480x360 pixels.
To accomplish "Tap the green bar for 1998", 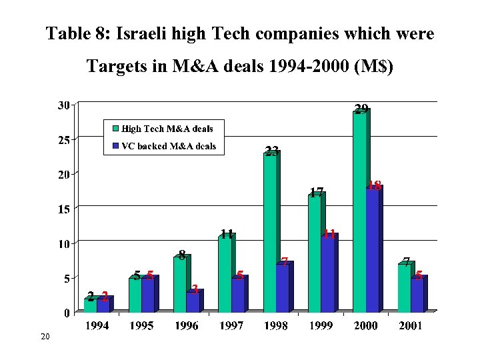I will tap(270, 233).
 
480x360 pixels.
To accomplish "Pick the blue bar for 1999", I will tap(327, 274).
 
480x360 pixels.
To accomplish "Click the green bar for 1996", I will tap(180, 285).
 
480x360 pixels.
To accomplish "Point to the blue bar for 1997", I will tap(238, 295).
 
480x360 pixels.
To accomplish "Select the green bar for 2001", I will tap(404, 289).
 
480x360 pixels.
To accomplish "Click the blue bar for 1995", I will tap(148, 295).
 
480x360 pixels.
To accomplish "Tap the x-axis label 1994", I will tap(97, 325).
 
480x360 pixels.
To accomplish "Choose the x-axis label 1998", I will tap(275, 325).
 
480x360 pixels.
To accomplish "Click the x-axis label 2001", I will tap(409, 325).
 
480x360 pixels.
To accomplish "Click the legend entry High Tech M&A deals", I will tap(167, 129).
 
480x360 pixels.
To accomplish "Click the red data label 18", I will tap(374, 187).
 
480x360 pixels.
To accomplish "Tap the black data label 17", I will tap(317, 193).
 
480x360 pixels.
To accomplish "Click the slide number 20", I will tap(45, 339).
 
